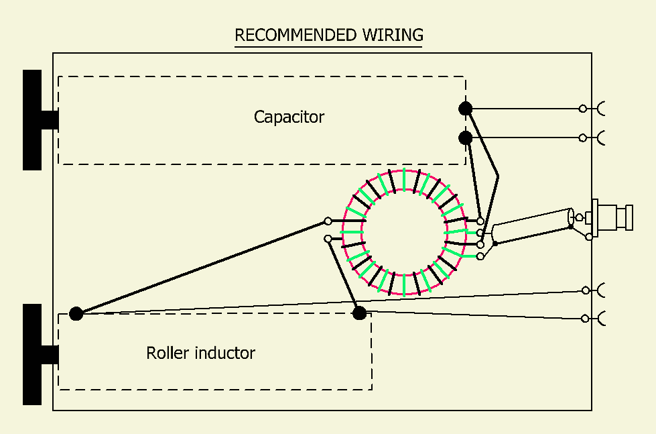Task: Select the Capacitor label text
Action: pyautogui.click(x=289, y=117)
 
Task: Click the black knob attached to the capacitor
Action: pyautogui.click(x=33, y=120)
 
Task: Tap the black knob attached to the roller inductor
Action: pyautogui.click(x=33, y=354)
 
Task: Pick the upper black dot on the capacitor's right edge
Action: pyautogui.click(x=465, y=108)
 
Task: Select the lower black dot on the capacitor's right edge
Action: pyautogui.click(x=465, y=138)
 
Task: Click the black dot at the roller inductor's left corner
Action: pyautogui.click(x=76, y=313)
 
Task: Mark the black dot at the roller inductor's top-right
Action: pyautogui.click(x=360, y=312)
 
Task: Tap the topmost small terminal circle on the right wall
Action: pyautogui.click(x=583, y=108)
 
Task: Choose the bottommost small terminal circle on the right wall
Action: pyautogui.click(x=586, y=318)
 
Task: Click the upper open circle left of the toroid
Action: pyautogui.click(x=328, y=221)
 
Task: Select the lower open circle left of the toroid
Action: pyautogui.click(x=328, y=238)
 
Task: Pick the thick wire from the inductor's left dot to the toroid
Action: pyautogui.click(x=201, y=267)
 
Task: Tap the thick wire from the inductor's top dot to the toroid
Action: pyautogui.click(x=344, y=275)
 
